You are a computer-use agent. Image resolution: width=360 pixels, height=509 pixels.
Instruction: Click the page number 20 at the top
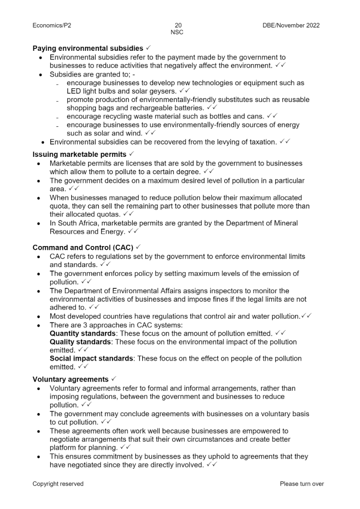pos(178,25)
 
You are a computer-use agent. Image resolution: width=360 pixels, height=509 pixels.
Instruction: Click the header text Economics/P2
pos(52,25)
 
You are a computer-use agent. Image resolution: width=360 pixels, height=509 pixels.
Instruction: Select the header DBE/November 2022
pos(288,25)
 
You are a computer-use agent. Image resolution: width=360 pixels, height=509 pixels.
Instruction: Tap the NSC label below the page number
pos(177,32)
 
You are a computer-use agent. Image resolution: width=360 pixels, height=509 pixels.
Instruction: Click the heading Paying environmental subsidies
pos(88,48)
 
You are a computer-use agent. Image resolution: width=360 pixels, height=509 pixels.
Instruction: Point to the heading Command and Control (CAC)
pos(83,248)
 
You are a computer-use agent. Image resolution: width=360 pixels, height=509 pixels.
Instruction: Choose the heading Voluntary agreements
pos(70,380)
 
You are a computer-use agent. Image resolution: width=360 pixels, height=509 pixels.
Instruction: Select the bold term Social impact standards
pos(91,359)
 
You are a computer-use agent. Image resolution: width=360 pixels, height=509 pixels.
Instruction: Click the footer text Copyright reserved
pos(58,484)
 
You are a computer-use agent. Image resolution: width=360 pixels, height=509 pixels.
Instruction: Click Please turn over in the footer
pos(301,484)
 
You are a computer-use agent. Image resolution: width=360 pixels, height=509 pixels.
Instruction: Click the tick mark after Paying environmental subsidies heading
pos(148,48)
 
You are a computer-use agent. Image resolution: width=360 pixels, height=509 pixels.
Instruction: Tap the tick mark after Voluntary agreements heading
pos(113,379)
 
